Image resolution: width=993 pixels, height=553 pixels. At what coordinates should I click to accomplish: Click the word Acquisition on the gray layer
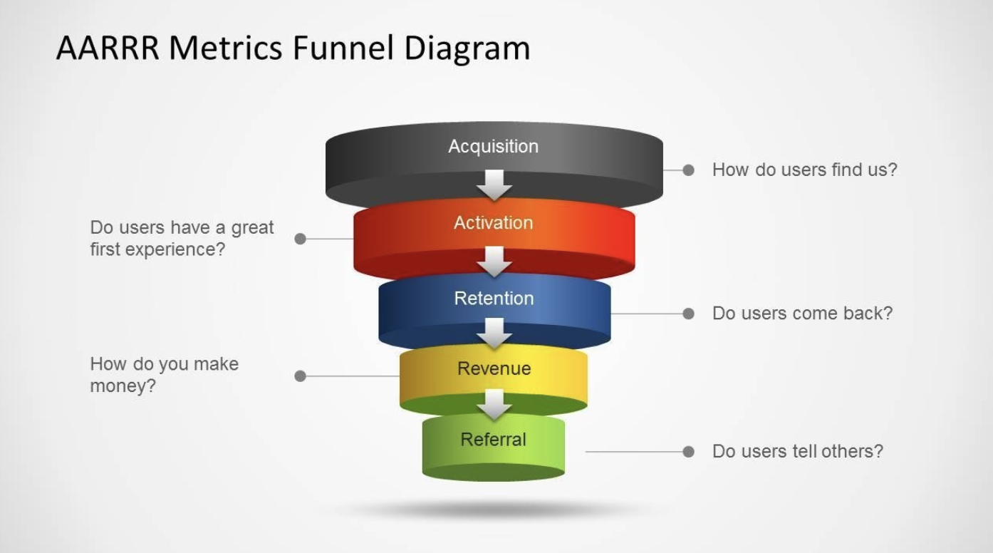coord(494,147)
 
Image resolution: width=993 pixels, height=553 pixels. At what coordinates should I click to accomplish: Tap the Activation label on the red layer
coord(494,222)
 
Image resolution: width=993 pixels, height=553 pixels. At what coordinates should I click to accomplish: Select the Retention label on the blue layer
coord(494,299)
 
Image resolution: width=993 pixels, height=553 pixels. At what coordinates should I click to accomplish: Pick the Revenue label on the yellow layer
coord(494,368)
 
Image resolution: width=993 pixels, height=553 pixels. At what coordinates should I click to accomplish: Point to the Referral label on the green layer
coord(494,440)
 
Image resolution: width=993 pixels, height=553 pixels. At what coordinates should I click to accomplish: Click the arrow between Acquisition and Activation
coord(494,185)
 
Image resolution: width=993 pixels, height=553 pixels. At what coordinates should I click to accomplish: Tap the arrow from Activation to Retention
coord(494,262)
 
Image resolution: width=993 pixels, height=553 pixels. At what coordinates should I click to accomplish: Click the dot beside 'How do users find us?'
coord(688,170)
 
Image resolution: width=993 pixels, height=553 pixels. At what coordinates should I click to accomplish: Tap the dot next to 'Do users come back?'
coord(688,314)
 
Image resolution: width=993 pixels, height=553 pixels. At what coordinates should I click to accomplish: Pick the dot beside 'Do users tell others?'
coord(688,452)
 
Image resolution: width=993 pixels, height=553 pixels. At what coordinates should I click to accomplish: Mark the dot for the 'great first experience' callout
coord(300,239)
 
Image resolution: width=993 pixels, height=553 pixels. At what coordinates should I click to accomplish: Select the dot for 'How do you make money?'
coord(300,376)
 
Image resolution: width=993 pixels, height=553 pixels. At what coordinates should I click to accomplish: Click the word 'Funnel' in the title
coord(343,48)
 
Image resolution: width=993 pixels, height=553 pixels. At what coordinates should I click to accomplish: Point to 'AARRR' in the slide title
coord(108,48)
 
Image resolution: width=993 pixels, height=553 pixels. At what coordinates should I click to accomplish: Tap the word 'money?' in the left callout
coord(123,386)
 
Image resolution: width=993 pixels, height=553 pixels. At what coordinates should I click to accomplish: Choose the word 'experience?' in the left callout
coord(175,249)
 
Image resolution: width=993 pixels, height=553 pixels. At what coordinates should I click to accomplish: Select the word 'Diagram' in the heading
coord(467,48)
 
